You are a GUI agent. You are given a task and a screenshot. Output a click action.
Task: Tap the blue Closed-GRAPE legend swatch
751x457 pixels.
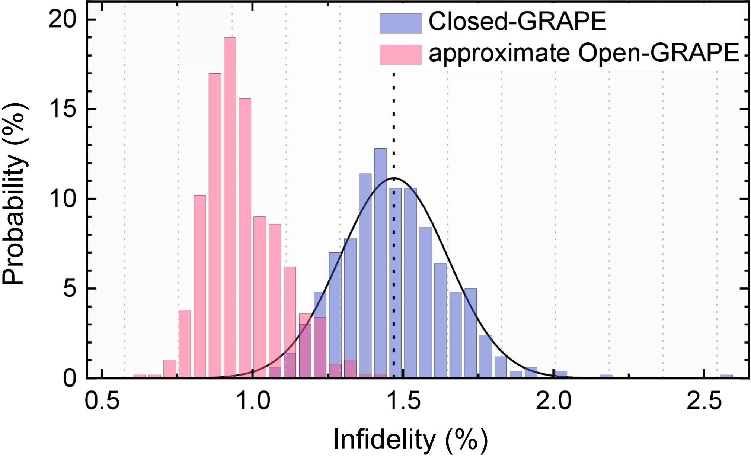click(x=400, y=23)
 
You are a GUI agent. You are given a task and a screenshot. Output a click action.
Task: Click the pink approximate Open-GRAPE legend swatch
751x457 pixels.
click(x=400, y=55)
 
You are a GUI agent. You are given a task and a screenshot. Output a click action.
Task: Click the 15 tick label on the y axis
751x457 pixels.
click(x=61, y=109)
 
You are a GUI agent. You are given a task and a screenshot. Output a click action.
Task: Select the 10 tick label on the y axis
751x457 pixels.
click(x=61, y=199)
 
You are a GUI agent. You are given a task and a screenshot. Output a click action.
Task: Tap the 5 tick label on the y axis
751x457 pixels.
click(x=69, y=289)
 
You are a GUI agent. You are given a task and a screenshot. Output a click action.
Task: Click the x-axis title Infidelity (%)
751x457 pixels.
click(x=410, y=440)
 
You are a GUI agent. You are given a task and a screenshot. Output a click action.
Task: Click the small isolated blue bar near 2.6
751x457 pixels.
click(x=726, y=376)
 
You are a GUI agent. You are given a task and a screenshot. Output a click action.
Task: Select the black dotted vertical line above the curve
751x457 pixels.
click(x=394, y=123)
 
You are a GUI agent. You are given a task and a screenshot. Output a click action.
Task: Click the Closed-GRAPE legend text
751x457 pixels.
click(x=517, y=22)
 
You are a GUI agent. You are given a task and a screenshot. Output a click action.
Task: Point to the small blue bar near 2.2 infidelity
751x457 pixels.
click(x=606, y=376)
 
